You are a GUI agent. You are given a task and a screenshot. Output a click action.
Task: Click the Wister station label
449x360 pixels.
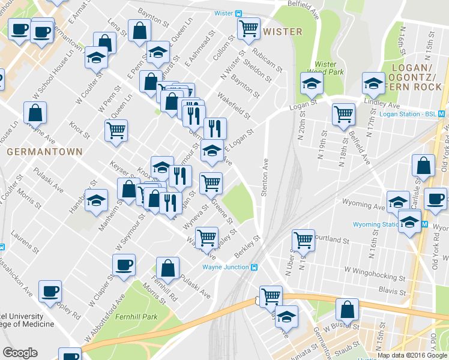[224, 13]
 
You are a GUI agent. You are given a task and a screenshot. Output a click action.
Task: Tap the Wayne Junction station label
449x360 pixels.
[226, 267]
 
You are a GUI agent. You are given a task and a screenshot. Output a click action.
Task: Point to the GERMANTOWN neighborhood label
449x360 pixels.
[44, 152]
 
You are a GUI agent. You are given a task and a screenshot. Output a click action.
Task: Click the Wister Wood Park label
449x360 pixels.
[325, 68]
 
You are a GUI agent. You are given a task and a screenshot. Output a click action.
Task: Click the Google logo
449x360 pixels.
[20, 353]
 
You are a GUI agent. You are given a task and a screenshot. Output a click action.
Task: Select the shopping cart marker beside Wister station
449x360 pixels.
[249, 28]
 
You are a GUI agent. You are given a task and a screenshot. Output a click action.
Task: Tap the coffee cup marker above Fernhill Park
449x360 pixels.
[124, 265]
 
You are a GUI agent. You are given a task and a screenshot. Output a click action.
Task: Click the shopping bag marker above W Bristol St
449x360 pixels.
[347, 310]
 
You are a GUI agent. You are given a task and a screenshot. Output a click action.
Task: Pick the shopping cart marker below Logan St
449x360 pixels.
[343, 113]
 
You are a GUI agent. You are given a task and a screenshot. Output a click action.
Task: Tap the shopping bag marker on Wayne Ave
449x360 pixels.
[35, 112]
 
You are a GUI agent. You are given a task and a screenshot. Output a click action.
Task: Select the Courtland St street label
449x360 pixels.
[333, 239]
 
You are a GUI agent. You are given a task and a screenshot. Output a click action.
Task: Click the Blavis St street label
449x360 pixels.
[393, 291]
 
